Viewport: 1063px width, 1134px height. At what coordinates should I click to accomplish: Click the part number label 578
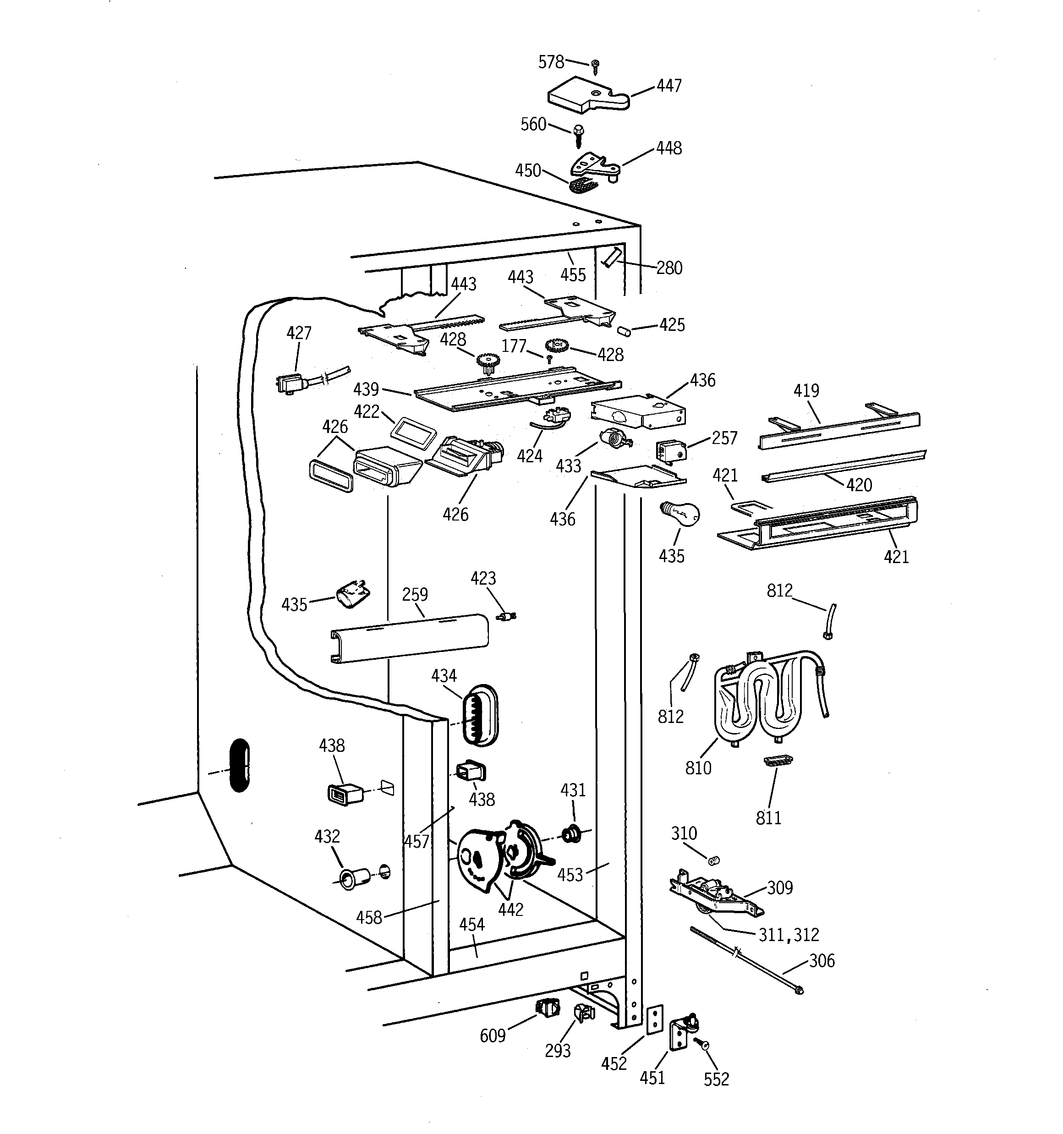tap(551, 62)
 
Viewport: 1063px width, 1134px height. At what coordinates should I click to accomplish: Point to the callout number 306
tap(822, 961)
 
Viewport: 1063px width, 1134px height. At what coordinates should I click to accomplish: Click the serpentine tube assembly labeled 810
tap(765, 699)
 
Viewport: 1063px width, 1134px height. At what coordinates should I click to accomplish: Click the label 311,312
tap(788, 934)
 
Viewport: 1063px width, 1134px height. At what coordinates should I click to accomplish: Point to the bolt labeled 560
tap(578, 135)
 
